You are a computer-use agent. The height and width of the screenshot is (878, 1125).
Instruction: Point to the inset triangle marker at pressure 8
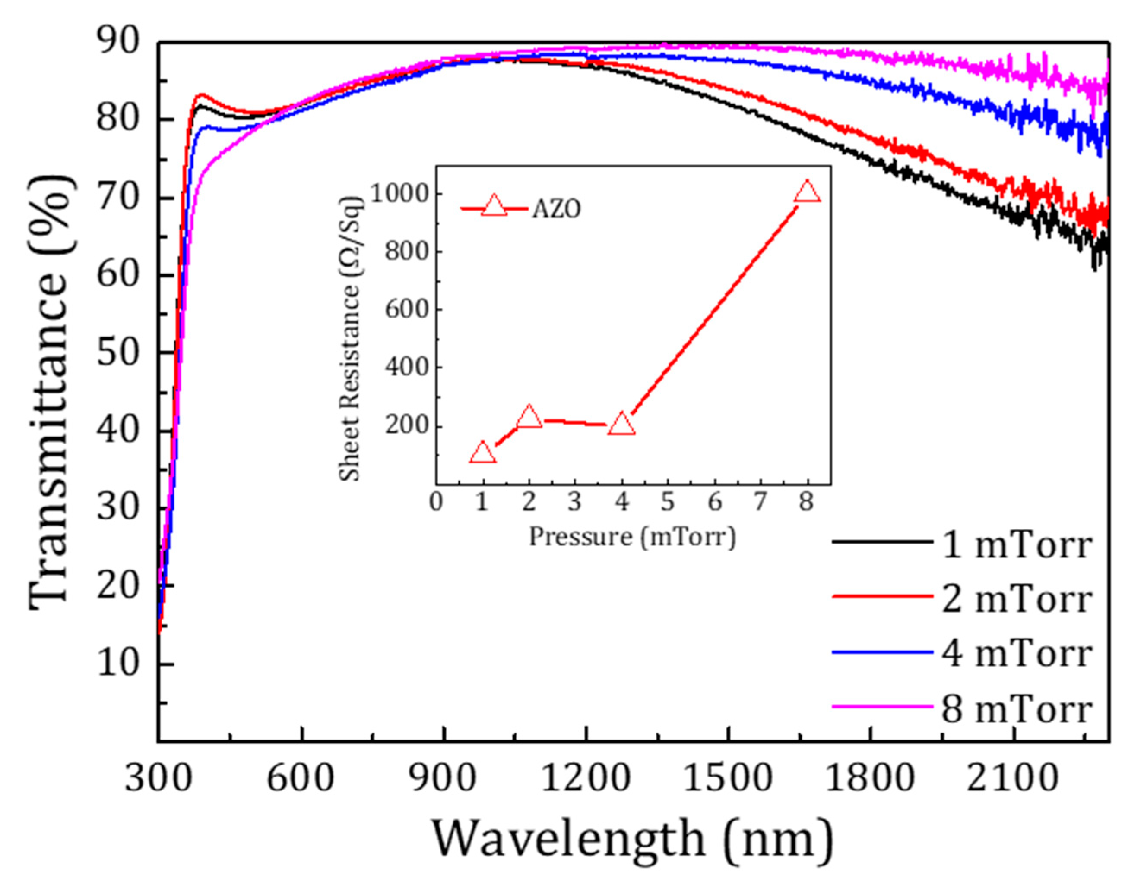[807, 192]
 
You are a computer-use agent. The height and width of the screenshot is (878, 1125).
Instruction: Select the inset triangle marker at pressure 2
[529, 417]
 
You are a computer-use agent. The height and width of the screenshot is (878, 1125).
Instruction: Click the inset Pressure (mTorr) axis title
[633, 537]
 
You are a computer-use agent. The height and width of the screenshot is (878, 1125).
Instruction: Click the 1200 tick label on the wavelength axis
[586, 779]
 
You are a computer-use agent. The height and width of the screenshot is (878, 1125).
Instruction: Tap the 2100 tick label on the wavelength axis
[1013, 779]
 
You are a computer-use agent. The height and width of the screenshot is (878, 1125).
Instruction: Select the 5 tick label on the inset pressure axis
[668, 501]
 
